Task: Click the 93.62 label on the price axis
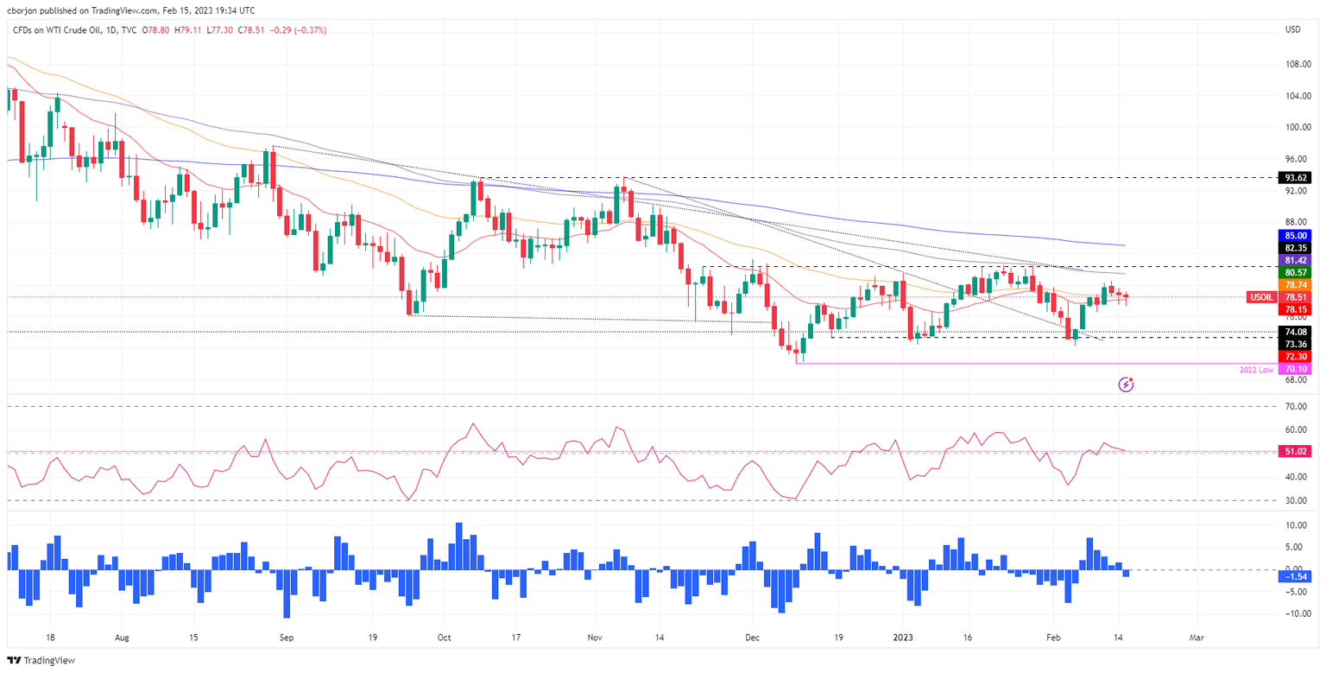1292,177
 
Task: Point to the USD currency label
1292,30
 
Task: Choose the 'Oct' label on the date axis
444,637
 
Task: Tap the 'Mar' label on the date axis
1196,637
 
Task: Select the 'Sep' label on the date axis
287,637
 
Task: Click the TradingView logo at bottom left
42,660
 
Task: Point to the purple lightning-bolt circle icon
1126,384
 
